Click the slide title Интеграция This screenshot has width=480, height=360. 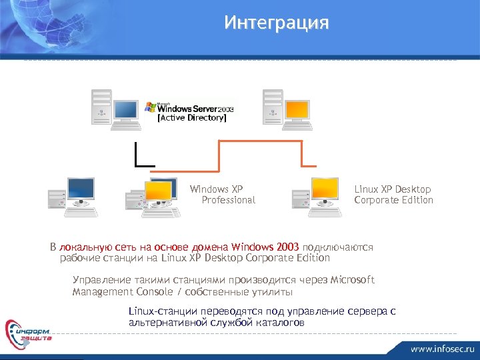click(277, 23)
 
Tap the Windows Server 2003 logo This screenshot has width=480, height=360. click(191, 107)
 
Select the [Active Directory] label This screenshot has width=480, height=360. click(191, 118)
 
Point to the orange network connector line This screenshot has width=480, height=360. click(260, 141)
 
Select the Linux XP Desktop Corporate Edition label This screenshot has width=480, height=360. click(393, 195)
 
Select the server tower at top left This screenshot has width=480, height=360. click(102, 107)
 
